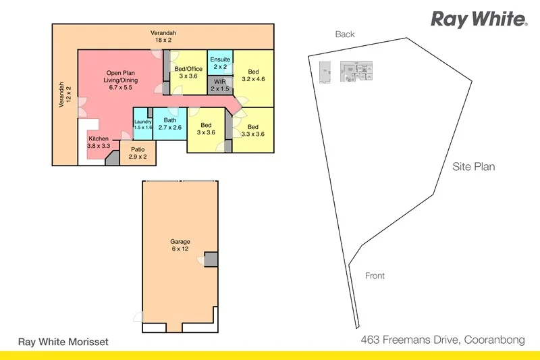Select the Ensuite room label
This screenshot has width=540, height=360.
point(221,63)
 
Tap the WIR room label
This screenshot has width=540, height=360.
point(220,85)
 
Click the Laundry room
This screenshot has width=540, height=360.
point(142,124)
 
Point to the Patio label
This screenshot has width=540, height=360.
point(138,153)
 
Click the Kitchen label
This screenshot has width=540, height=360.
point(99,142)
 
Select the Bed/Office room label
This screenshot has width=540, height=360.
point(188,72)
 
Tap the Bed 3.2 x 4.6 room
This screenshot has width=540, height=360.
point(253,76)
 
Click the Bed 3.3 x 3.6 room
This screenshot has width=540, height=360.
point(253,130)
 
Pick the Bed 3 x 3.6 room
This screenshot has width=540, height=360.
point(206,128)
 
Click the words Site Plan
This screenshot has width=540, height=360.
point(473,167)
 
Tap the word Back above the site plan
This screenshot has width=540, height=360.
point(344,34)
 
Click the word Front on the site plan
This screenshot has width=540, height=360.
point(375,276)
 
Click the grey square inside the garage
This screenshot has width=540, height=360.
point(211,260)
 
